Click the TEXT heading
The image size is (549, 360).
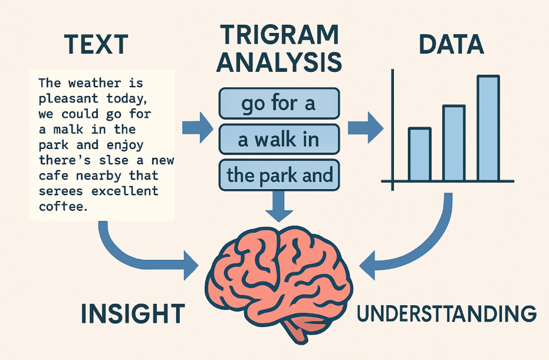[96, 44]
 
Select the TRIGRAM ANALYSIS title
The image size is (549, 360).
[279, 48]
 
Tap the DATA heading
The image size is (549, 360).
[451, 44]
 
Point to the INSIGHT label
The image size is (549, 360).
[133, 313]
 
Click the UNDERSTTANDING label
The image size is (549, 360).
[447, 313]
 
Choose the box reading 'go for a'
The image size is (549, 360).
[279, 104]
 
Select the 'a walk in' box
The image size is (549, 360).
[279, 139]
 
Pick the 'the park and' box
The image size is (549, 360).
[279, 175]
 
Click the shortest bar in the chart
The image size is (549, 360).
[420, 154]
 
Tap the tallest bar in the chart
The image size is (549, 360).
[488, 128]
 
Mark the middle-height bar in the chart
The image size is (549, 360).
[454, 143]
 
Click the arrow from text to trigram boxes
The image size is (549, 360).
[198, 128]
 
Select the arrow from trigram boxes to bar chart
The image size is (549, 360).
[366, 128]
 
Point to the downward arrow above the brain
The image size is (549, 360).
[279, 206]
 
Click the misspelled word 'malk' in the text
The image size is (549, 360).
[68, 130]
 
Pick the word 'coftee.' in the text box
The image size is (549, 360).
[63, 206]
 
